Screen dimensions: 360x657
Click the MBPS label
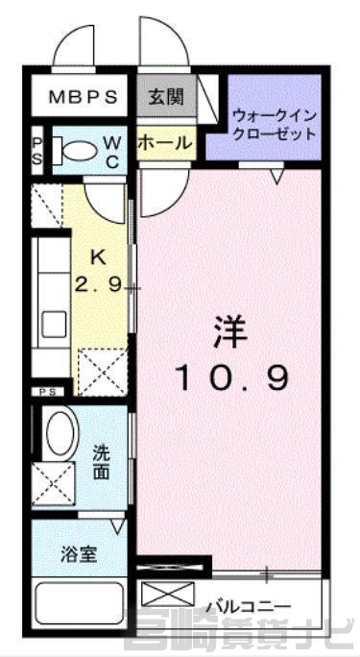[83, 97]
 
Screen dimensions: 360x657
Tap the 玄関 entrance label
[166, 97]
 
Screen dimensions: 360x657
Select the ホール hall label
[165, 143]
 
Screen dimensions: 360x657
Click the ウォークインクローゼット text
[275, 124]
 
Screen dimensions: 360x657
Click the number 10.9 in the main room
[233, 377]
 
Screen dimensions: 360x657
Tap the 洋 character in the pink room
[230, 331]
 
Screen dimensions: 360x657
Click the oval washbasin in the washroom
[60, 432]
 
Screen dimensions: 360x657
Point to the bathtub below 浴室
[79, 602]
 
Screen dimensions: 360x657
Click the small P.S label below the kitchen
[48, 392]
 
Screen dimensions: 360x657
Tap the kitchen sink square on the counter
[53, 324]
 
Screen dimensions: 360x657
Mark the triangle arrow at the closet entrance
[277, 177]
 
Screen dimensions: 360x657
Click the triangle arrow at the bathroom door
[118, 526]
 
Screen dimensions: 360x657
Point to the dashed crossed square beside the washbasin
[53, 484]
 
